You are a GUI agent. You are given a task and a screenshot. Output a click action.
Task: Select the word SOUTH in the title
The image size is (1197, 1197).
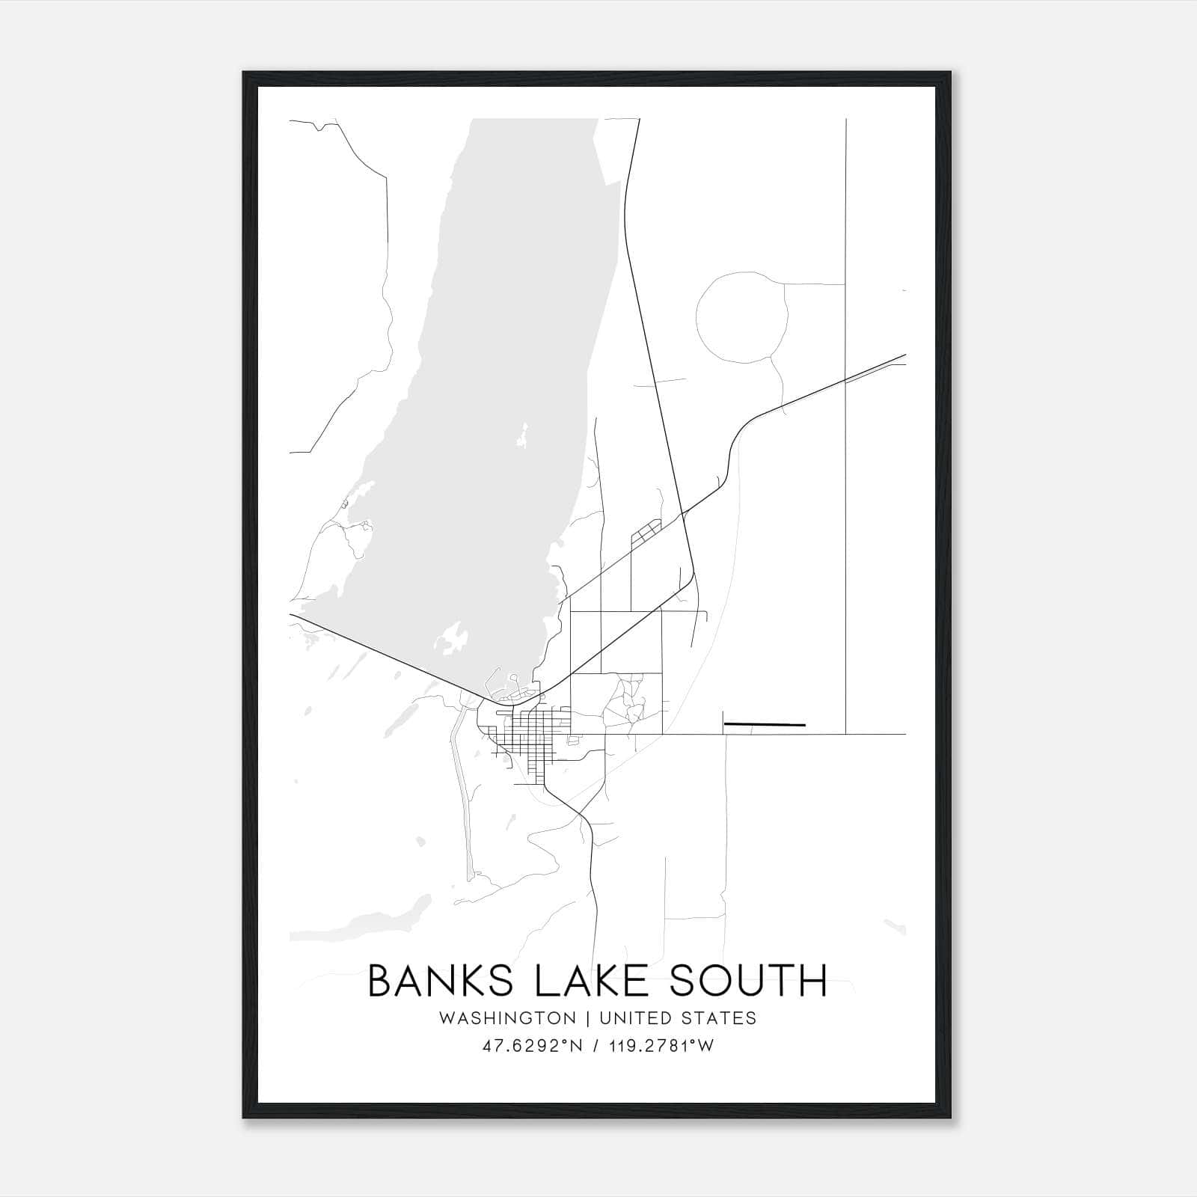pyautogui.click(x=749, y=981)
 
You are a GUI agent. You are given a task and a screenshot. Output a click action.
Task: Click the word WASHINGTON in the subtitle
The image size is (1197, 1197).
pyautogui.click(x=508, y=1018)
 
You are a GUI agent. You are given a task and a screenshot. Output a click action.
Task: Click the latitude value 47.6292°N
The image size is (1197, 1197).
pyautogui.click(x=532, y=1046)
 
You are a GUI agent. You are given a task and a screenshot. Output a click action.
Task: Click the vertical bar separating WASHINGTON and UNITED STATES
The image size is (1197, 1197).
pyautogui.click(x=588, y=1018)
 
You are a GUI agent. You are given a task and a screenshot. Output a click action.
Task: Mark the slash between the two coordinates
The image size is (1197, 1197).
pyautogui.click(x=595, y=1046)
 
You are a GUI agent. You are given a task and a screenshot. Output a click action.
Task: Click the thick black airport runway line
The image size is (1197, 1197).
pyautogui.click(x=765, y=724)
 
